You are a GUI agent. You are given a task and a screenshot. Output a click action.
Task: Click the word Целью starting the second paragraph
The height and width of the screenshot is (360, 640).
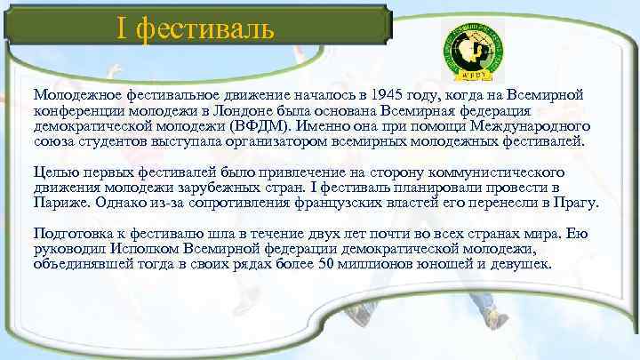(54, 172)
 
